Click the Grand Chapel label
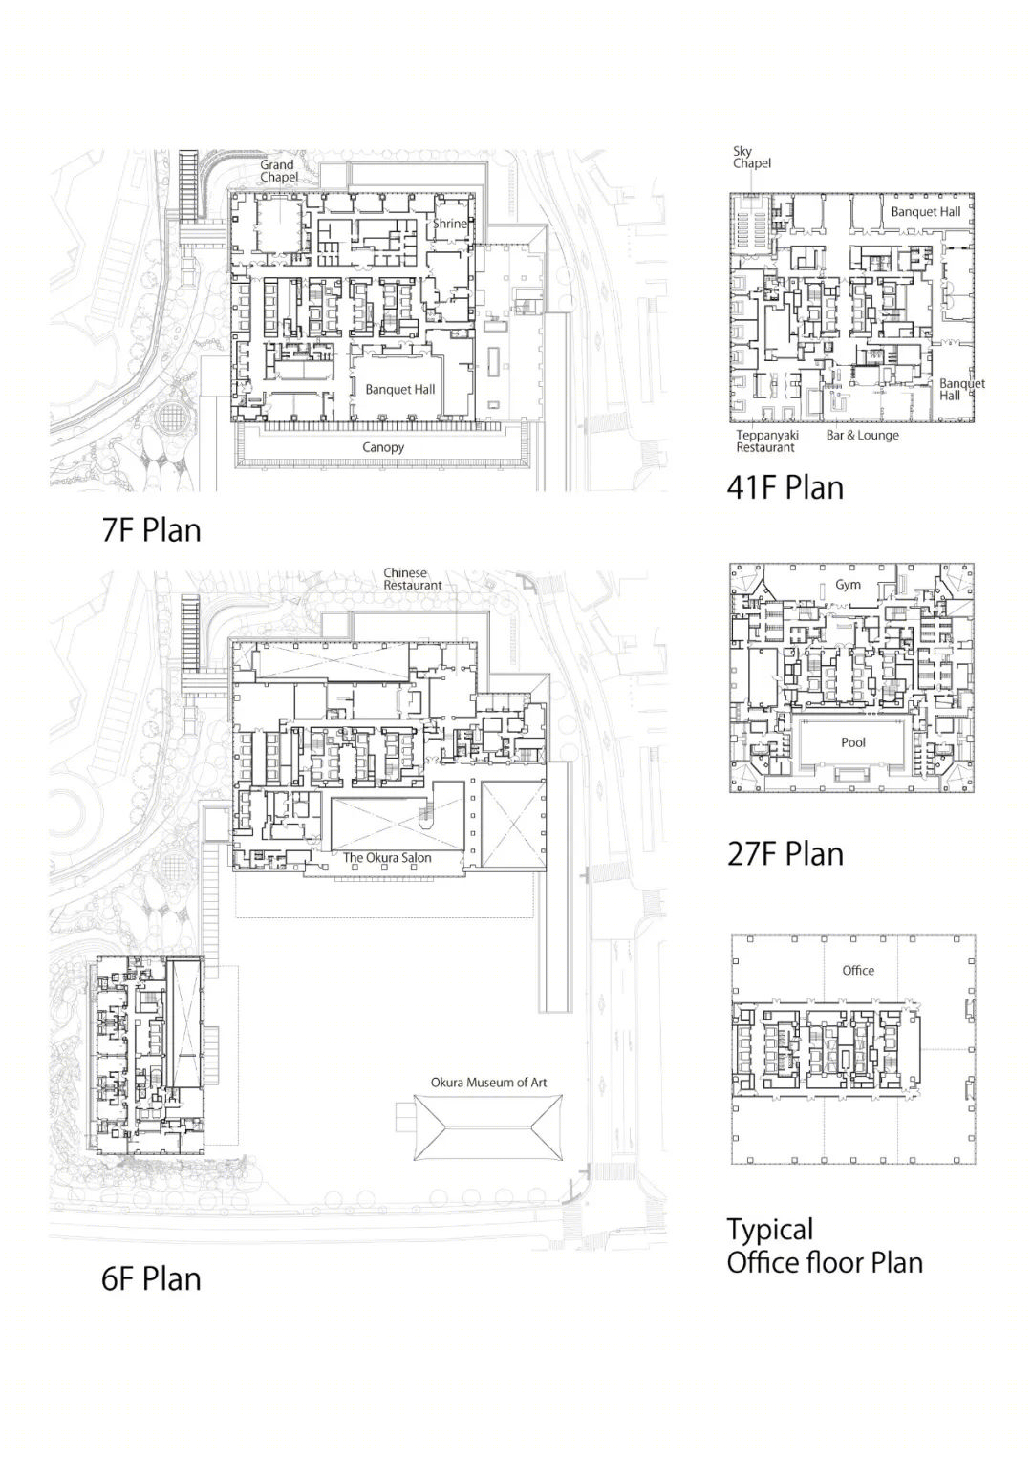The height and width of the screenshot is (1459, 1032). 279,171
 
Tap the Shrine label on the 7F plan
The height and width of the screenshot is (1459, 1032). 450,224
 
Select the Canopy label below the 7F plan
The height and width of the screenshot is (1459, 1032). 383,447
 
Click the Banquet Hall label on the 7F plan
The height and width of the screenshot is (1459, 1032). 400,390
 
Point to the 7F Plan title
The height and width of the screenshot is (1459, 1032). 151,530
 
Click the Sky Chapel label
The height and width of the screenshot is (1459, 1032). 751,158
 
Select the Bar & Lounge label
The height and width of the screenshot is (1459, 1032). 863,435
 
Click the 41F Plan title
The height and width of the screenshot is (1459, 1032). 785,487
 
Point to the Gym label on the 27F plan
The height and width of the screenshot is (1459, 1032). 848,585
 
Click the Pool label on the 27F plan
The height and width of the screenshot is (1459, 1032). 853,742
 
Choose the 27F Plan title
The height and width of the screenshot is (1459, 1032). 785,854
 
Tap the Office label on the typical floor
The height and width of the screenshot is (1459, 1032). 858,971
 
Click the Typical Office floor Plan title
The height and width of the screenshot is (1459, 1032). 825,1245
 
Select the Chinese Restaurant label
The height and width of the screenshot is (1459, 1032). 413,579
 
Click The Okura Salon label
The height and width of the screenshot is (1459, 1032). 387,858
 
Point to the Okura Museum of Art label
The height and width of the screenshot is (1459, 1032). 488,1083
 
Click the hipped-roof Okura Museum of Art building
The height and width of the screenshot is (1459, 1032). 488,1126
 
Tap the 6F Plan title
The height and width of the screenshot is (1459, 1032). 151,1278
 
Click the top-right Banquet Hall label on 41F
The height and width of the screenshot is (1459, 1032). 925,212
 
